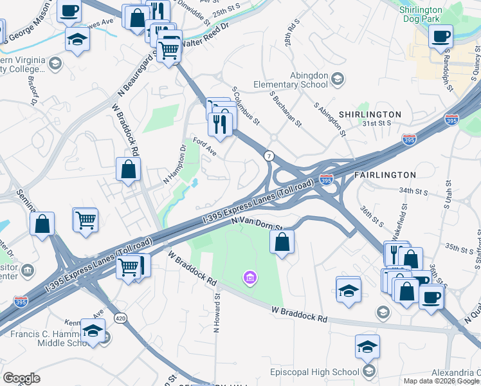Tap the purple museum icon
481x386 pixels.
(249, 278)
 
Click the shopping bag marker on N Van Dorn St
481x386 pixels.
(282, 243)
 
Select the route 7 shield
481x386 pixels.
(269, 156)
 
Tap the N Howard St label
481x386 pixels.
(217, 313)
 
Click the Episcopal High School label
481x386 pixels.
(323, 372)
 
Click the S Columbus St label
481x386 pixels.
(246, 106)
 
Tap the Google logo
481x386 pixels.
(21, 378)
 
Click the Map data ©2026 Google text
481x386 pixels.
(441, 381)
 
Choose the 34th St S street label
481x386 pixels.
(413, 190)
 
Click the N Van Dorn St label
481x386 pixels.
(258, 223)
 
